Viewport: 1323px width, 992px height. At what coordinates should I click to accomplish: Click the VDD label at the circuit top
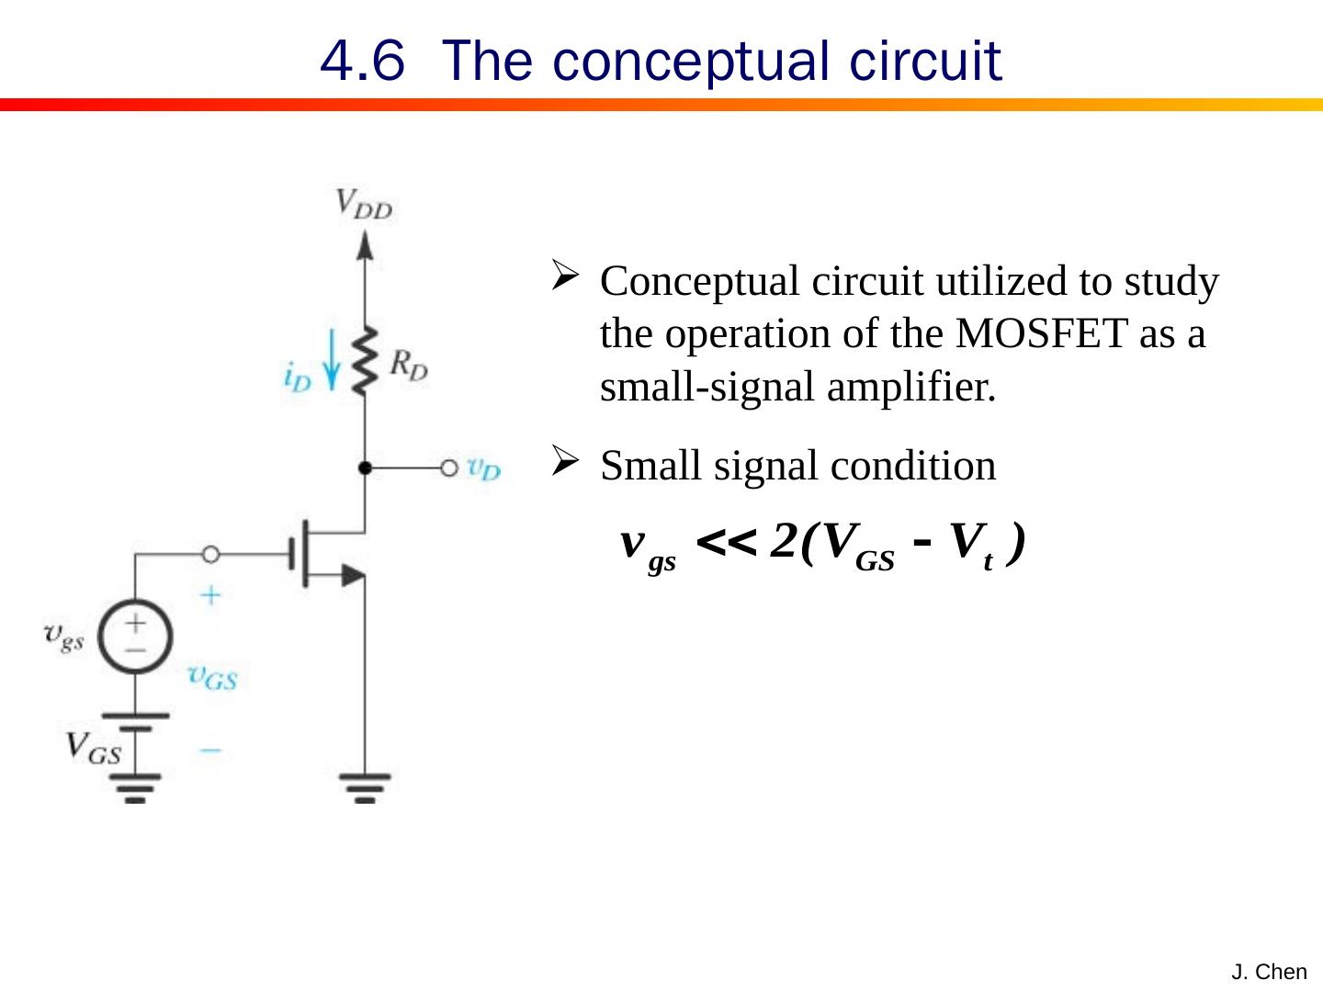363,203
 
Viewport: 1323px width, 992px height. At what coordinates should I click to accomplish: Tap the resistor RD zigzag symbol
366,360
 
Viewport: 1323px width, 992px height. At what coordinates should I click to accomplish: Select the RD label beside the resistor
408,365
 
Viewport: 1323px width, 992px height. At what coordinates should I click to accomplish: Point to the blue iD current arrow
333,363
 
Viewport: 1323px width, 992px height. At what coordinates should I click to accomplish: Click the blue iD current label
298,378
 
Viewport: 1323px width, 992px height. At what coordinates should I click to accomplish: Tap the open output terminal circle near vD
448,468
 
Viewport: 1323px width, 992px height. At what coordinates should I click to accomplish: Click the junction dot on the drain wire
365,468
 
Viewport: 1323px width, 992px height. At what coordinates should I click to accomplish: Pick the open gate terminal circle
210,554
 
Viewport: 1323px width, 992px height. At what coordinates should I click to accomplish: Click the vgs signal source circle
135,636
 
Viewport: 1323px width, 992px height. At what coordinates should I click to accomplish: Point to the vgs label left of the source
64,636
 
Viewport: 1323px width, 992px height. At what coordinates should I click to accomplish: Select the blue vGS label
212,677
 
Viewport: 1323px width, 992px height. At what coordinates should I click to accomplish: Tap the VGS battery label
93,749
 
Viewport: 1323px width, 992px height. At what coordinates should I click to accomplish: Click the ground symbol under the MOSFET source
365,787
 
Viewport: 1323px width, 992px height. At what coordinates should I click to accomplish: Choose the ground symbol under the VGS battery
135,787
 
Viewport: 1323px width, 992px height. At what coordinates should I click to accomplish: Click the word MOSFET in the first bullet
1041,333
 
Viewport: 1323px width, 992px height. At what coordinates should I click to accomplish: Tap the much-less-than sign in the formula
727,543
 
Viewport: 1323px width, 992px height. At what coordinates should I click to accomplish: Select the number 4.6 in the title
362,61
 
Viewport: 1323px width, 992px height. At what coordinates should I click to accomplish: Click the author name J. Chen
1269,972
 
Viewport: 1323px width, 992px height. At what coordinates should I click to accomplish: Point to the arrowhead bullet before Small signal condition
564,459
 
